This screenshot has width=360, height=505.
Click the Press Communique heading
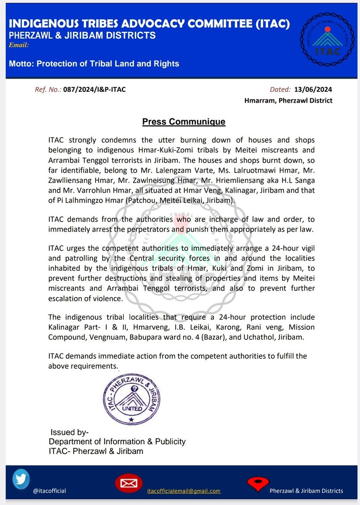pyautogui.click(x=184, y=122)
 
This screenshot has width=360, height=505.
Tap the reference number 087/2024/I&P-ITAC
pyautogui.click(x=94, y=89)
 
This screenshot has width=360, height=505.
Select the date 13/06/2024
pyautogui.click(x=313, y=89)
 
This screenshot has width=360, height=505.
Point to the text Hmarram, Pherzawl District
pyautogui.click(x=288, y=101)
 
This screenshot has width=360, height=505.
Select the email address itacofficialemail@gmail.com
pyautogui.click(x=184, y=491)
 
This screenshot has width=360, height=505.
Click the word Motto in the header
pyautogui.click(x=21, y=64)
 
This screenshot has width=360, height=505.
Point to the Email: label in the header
pyautogui.click(x=19, y=45)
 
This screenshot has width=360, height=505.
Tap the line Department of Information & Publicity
pyautogui.click(x=117, y=441)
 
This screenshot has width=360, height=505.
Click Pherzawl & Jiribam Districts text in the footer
pyautogui.click(x=306, y=491)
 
